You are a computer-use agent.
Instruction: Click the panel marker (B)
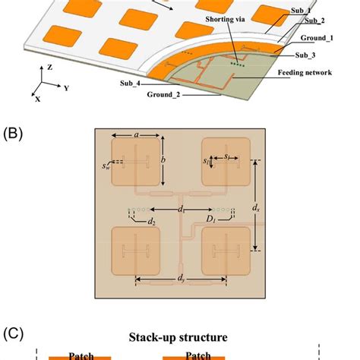click(x=14, y=133)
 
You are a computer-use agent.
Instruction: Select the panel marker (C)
click(x=15, y=333)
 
